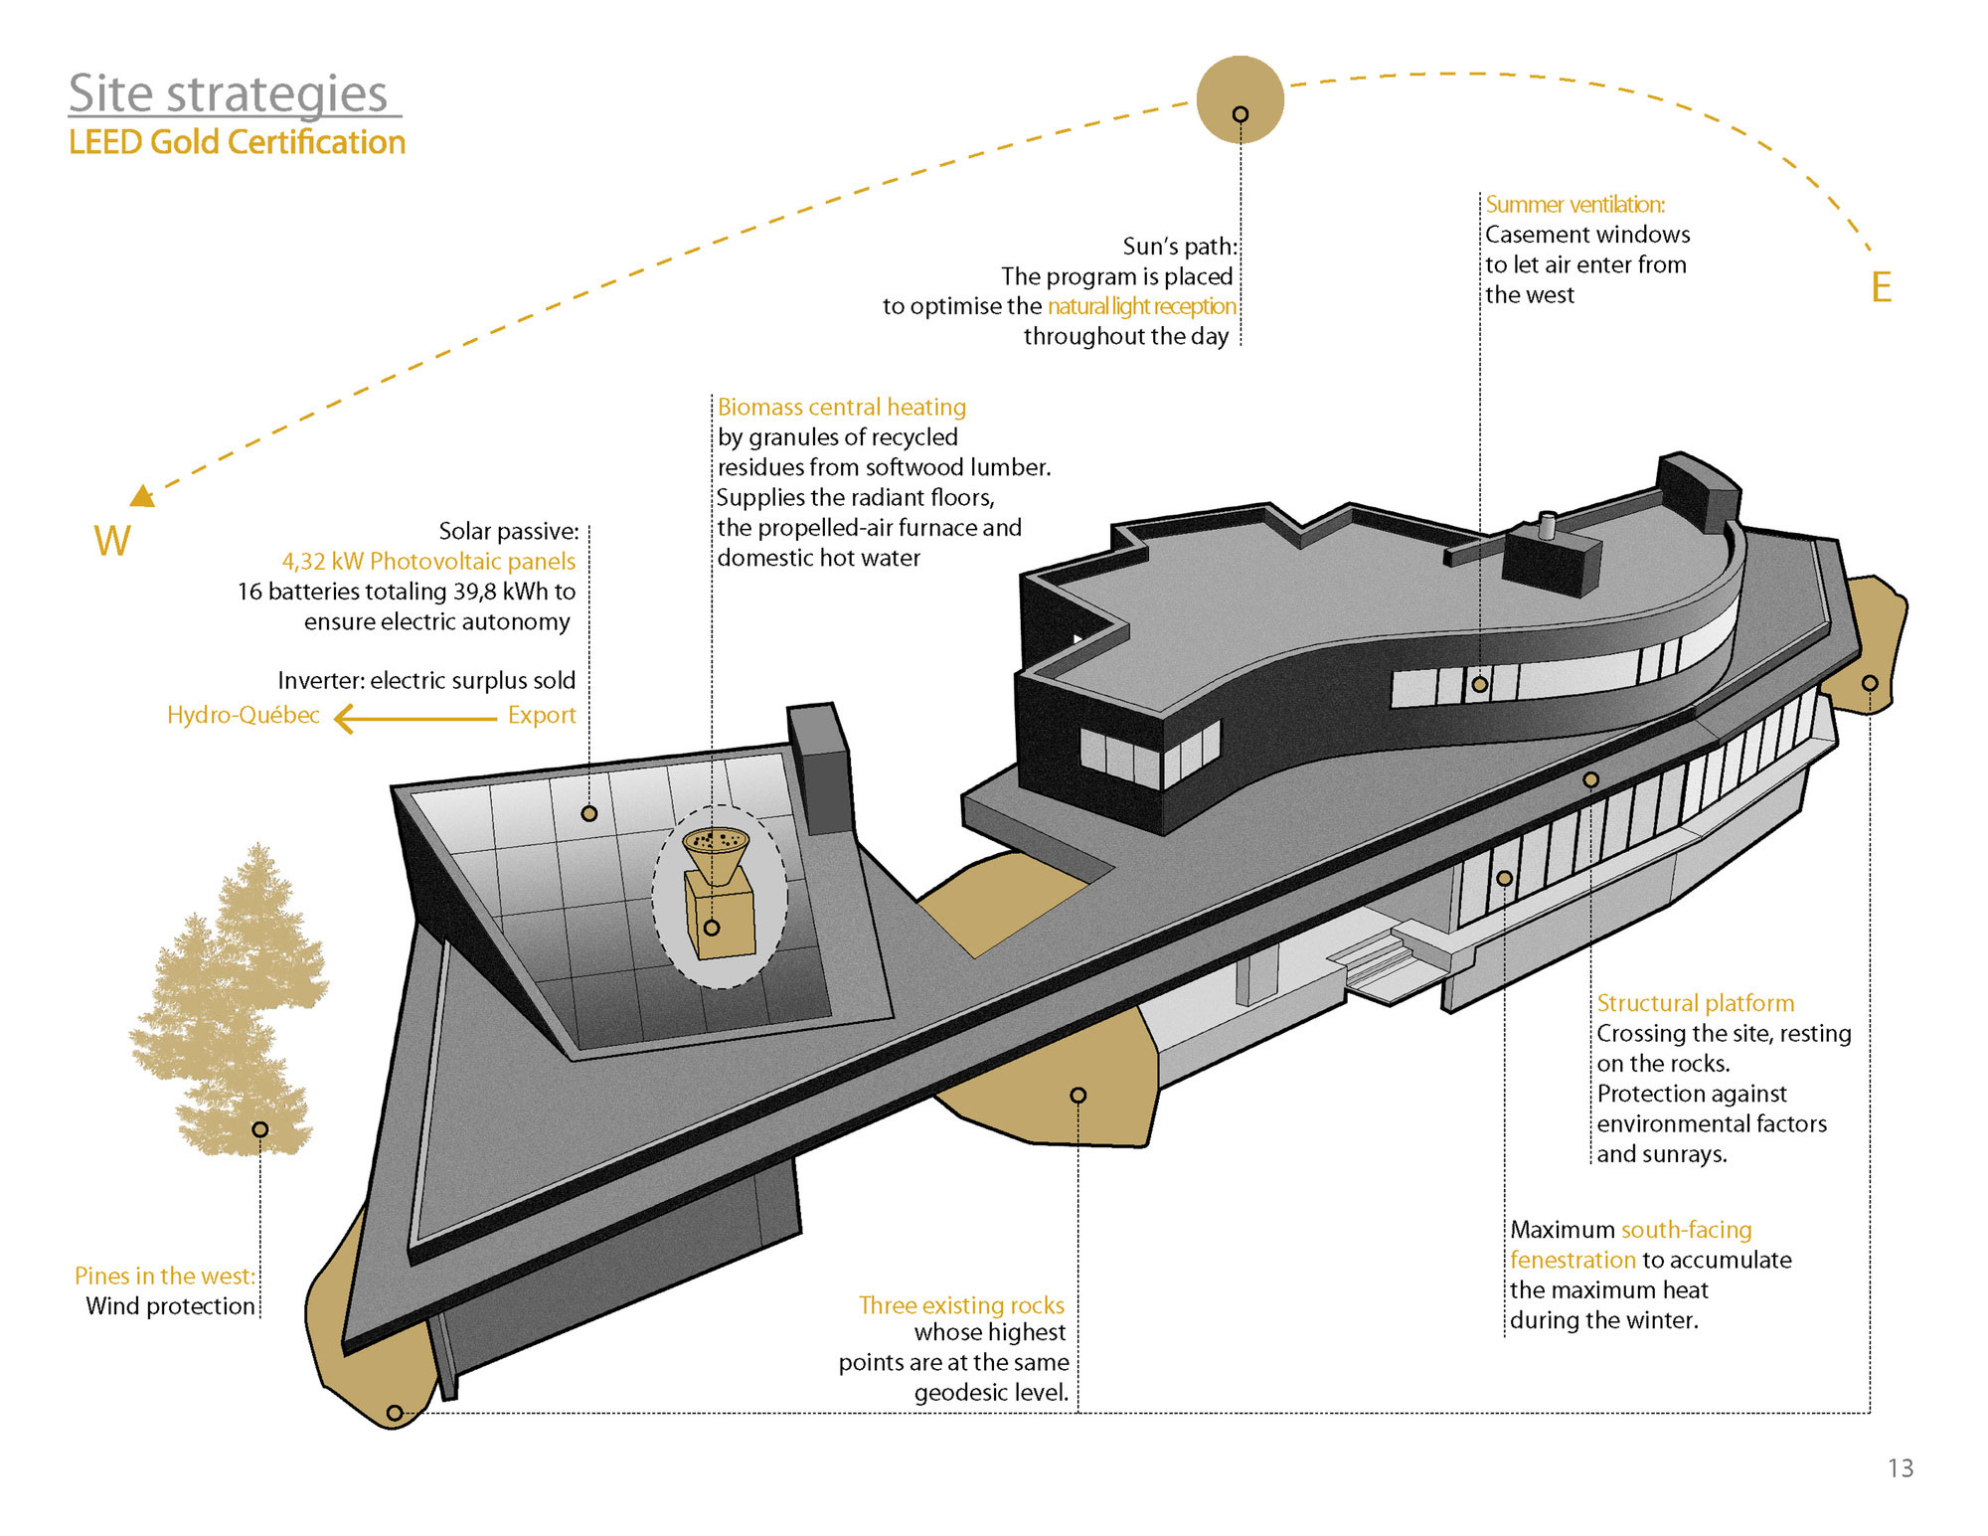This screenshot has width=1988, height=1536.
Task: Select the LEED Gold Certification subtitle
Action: click(237, 142)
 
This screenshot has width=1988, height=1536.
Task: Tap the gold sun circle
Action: click(1240, 99)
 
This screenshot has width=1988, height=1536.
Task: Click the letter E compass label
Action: click(1881, 287)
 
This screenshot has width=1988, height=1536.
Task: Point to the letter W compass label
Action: click(112, 541)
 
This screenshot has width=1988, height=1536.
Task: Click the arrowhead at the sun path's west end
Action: click(143, 495)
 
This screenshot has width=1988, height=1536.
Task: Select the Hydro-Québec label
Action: click(243, 716)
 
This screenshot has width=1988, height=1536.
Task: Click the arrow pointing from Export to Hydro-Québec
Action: click(414, 718)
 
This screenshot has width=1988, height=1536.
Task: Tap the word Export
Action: click(542, 716)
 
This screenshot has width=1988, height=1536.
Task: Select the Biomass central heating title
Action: click(842, 408)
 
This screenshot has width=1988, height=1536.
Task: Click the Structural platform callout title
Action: click(1695, 1003)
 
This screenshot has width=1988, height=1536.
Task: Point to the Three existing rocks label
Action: click(961, 1305)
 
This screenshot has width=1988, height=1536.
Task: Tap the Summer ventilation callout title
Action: click(1574, 205)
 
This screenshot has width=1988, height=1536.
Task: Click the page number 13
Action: click(1901, 1468)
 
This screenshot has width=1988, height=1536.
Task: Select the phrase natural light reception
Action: click(1141, 306)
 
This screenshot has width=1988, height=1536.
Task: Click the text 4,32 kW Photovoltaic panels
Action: click(428, 562)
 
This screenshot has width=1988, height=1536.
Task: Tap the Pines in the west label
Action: click(164, 1277)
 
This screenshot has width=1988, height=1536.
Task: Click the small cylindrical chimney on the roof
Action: click(1547, 524)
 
